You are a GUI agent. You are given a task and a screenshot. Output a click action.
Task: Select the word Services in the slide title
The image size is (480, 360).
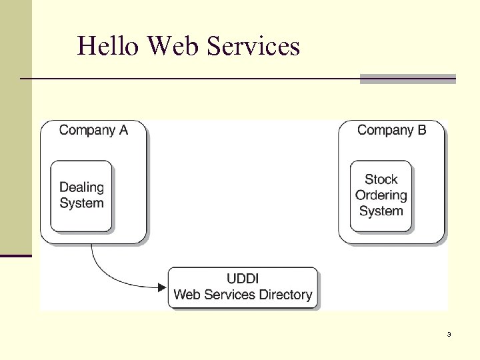[254, 46]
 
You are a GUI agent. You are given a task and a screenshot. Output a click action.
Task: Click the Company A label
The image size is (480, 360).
[93, 130]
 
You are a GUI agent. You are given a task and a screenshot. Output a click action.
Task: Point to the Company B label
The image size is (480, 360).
[391, 130]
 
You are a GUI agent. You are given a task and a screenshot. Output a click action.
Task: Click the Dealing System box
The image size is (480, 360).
[81, 195]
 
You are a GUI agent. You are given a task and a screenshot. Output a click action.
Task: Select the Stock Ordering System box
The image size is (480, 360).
[381, 195]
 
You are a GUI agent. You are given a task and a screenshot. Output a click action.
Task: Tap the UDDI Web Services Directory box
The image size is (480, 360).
[243, 287]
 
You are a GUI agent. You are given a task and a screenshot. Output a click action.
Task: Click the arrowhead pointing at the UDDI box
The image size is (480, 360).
[161, 287]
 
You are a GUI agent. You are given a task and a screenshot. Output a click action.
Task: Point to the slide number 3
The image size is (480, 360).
[449, 334]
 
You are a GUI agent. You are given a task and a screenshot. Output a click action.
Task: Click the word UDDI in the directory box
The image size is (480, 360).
[243, 279]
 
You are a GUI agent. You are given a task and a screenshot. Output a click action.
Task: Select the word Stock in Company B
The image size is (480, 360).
[381, 179]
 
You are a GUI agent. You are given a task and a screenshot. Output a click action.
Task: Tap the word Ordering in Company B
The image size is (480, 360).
[381, 195]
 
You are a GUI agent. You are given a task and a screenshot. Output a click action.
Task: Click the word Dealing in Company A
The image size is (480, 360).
[81, 187]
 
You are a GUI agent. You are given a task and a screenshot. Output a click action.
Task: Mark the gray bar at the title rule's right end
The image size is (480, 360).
[407, 79]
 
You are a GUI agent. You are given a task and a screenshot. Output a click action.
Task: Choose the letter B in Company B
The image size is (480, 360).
[421, 130]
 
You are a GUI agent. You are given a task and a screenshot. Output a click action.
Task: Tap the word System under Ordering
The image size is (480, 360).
[381, 211]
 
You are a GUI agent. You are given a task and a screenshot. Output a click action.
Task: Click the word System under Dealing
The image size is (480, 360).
[81, 203]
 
